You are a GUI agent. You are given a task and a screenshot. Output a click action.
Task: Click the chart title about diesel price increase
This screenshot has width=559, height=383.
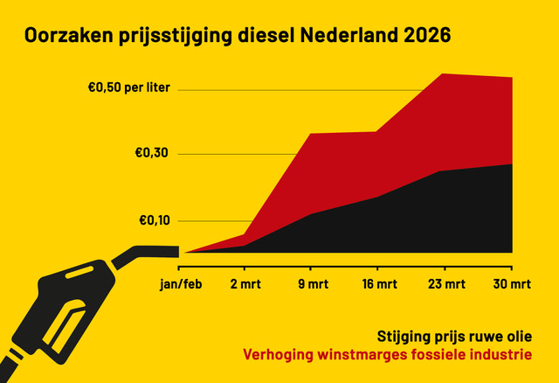click(238, 37)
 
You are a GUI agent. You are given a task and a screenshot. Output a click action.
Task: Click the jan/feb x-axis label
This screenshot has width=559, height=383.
click(179, 284)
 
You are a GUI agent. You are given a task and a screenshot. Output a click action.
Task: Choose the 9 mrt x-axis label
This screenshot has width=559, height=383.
click(312, 284)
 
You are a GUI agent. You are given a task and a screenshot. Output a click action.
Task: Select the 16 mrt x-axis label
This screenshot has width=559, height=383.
click(377, 284)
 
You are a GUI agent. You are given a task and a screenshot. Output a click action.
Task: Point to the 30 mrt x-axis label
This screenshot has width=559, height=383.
click(510, 284)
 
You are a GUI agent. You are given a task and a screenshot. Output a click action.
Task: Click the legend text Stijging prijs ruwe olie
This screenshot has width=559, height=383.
click(454, 337)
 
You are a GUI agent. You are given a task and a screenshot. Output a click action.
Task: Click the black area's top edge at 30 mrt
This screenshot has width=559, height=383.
click(511, 164)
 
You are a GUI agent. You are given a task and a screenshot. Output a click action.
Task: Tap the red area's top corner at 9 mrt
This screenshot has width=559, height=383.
click(312, 134)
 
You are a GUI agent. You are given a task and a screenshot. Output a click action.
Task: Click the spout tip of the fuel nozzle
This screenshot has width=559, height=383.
click(177, 251)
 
